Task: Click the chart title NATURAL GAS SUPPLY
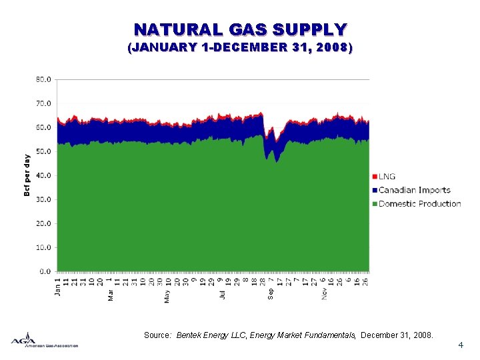click(240, 30)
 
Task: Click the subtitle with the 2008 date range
click(240, 48)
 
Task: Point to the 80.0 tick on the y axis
click(43, 79)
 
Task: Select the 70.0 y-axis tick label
click(43, 103)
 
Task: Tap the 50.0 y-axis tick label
click(43, 151)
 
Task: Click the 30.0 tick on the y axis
click(43, 199)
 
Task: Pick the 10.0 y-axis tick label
click(43, 247)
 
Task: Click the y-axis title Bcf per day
click(27, 175)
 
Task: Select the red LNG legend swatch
click(375, 177)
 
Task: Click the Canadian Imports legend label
click(415, 190)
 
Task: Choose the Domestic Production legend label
click(420, 203)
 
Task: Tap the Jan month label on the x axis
click(57, 292)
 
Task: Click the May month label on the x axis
click(167, 296)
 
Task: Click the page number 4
click(461, 345)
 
